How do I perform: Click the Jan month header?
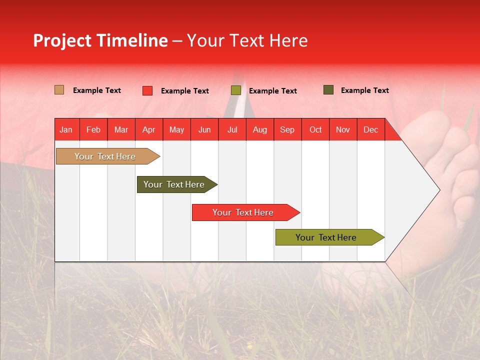(66, 129)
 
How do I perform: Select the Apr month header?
(148, 129)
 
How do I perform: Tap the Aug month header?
(259, 129)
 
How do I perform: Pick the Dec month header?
(370, 129)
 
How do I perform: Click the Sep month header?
(287, 129)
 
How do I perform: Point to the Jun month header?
(204, 129)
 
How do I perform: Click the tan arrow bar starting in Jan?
(105, 156)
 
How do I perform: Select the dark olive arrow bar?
(174, 184)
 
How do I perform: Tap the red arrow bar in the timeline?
(243, 212)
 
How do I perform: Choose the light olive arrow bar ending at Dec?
(326, 237)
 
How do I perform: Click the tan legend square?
(59, 90)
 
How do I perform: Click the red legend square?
(147, 90)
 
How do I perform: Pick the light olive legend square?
(235, 90)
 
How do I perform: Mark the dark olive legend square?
(328, 90)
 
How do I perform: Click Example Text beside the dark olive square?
(364, 90)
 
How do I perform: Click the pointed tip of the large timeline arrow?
(439, 190)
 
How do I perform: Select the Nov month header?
(342, 129)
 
